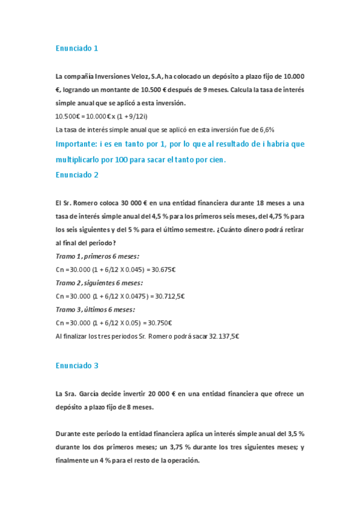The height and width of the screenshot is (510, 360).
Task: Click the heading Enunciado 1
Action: [x=76, y=48]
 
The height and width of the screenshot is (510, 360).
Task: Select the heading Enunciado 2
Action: [x=76, y=175]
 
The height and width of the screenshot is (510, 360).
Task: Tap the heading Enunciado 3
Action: [x=76, y=365]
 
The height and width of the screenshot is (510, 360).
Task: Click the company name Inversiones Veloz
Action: [x=118, y=76]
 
